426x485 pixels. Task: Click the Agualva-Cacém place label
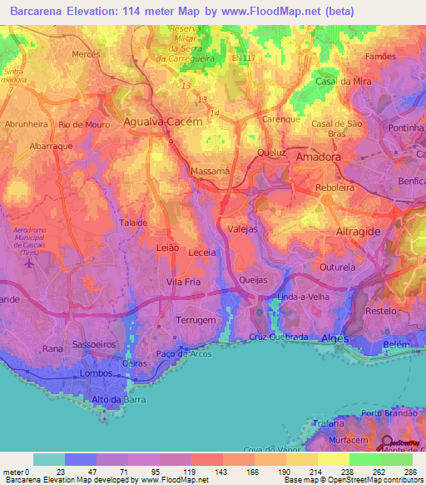[162, 121]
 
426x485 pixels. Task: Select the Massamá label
[211, 171]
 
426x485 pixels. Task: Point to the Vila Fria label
[184, 282]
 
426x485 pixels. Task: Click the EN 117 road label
[245, 58]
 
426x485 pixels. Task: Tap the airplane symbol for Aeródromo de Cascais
[31, 263]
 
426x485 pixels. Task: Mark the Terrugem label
[197, 320]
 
